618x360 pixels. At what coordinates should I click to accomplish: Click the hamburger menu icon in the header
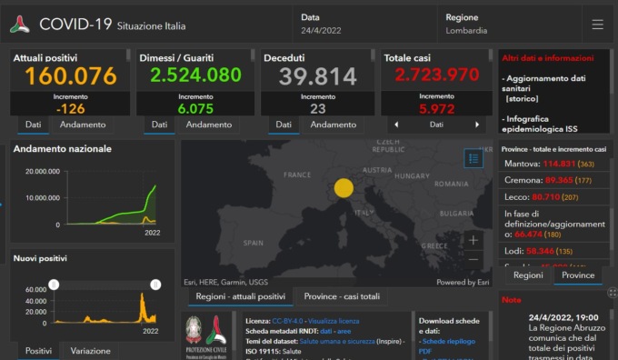point(597,25)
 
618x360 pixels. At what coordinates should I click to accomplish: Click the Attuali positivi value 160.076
point(65,75)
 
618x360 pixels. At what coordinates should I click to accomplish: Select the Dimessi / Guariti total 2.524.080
point(190,75)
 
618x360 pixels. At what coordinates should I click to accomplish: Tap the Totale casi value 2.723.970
point(436,75)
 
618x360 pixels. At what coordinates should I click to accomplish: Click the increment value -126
point(70,108)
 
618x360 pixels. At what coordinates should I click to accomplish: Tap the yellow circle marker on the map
point(344,188)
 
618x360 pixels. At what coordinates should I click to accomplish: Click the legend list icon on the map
point(473,158)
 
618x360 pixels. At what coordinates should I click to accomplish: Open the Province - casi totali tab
point(342,296)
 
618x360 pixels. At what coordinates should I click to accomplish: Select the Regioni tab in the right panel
point(528,275)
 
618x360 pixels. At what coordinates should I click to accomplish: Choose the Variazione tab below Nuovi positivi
point(90,351)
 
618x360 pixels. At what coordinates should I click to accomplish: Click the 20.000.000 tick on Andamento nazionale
point(43,171)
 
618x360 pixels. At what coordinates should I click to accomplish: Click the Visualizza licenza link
point(334,321)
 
